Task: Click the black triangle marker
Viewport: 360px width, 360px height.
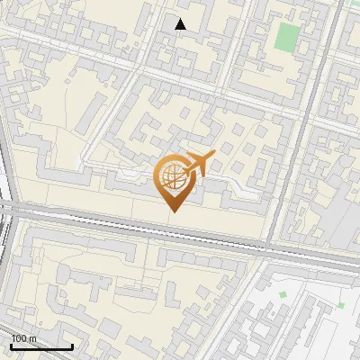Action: [181, 24]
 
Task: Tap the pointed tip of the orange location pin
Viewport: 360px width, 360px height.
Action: [173, 211]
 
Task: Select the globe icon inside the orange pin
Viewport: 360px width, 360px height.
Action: [172, 177]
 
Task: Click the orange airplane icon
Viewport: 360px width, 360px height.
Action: [199, 163]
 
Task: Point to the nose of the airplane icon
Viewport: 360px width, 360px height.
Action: [212, 157]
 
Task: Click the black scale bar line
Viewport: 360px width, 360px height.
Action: [41, 347]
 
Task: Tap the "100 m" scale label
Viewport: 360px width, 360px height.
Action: [23, 338]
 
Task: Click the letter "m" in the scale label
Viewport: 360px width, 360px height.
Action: [32, 338]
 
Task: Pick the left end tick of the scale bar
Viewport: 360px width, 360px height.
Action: [11, 346]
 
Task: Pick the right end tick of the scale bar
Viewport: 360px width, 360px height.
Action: [72, 346]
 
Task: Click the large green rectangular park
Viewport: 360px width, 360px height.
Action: [287, 38]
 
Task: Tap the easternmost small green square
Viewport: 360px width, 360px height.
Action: [342, 304]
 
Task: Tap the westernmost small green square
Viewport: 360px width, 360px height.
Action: [283, 294]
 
